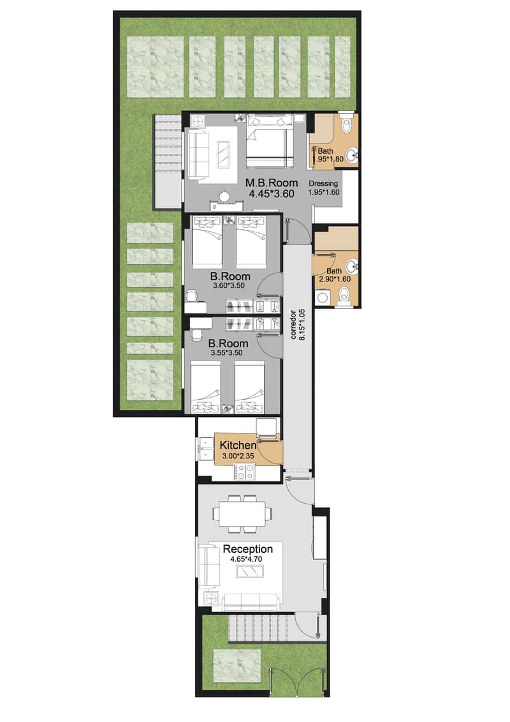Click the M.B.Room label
pos(272,183)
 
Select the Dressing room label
pos(324,183)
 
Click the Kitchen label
pos(238,445)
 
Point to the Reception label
pos(247,549)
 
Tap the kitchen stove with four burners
pos(245,472)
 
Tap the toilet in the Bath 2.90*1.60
pos(345,294)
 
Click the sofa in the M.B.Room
pos(198,154)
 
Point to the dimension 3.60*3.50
pos(229,287)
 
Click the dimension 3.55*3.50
pos(229,353)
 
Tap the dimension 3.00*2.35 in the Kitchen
pos(238,456)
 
